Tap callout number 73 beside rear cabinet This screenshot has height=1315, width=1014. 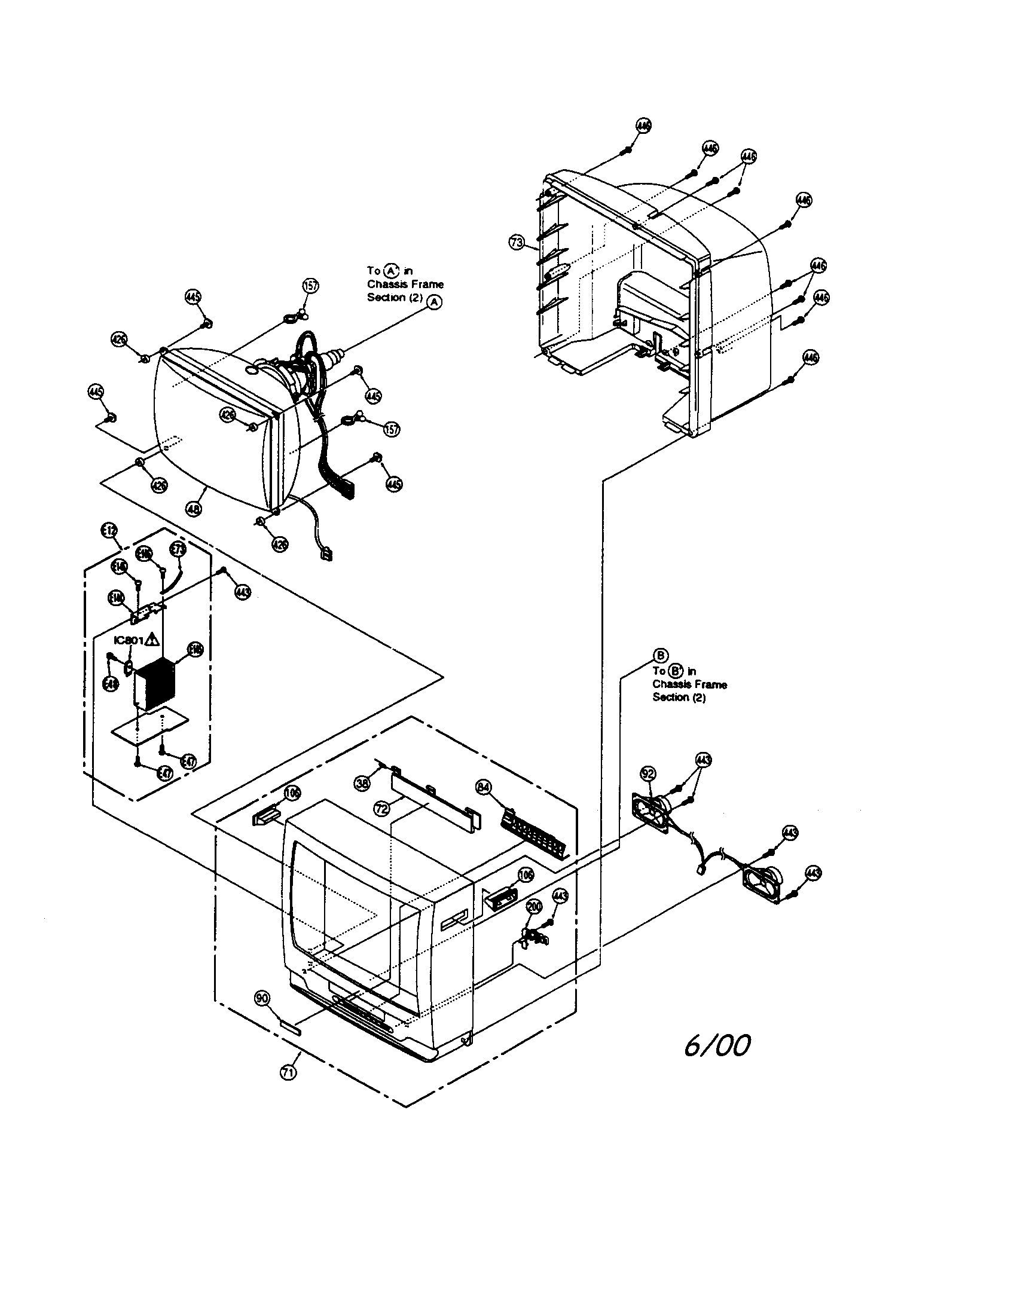(x=517, y=243)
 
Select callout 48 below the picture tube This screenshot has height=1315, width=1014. (x=194, y=509)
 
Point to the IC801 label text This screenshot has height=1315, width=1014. (x=129, y=641)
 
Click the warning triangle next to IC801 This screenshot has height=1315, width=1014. (x=153, y=640)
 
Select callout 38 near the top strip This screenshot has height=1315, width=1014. (x=362, y=784)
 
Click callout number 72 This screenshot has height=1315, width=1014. (x=381, y=809)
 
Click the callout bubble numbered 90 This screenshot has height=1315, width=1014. (x=262, y=999)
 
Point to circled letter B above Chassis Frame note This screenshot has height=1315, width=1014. (x=661, y=655)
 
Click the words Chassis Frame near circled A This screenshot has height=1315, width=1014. (x=405, y=284)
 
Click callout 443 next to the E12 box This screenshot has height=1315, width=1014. (x=243, y=592)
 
